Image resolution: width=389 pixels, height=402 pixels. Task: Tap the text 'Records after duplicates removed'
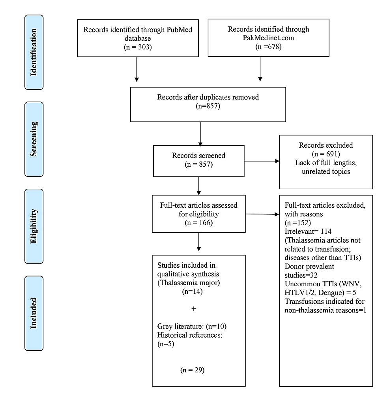tap(208, 97)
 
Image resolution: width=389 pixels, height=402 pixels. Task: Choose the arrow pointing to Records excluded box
tap(262, 161)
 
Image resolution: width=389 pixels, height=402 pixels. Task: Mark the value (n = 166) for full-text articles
tap(198, 222)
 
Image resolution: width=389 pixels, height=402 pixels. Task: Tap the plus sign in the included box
tap(193, 309)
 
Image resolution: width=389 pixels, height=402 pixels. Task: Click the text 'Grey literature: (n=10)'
tap(191, 327)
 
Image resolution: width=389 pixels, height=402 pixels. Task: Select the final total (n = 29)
tap(193, 370)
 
